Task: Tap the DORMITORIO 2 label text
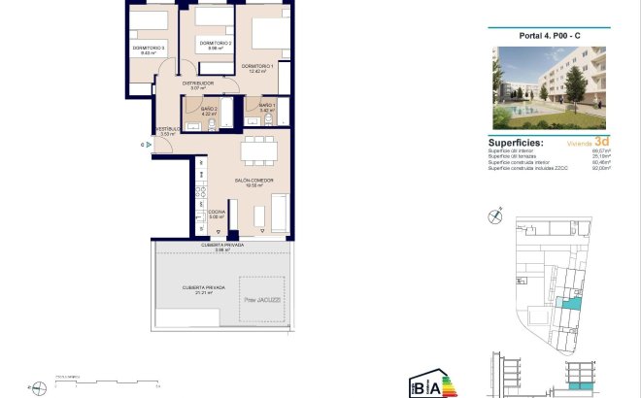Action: [x=214, y=44]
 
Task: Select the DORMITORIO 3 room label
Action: [x=149, y=49]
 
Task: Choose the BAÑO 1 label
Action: [x=268, y=105]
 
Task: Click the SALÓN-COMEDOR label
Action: [x=253, y=181]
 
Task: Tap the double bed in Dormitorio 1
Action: [x=266, y=32]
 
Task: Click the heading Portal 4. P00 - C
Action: [x=550, y=37]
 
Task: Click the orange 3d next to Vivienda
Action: [x=602, y=141]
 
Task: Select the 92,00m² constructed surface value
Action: [x=601, y=168]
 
